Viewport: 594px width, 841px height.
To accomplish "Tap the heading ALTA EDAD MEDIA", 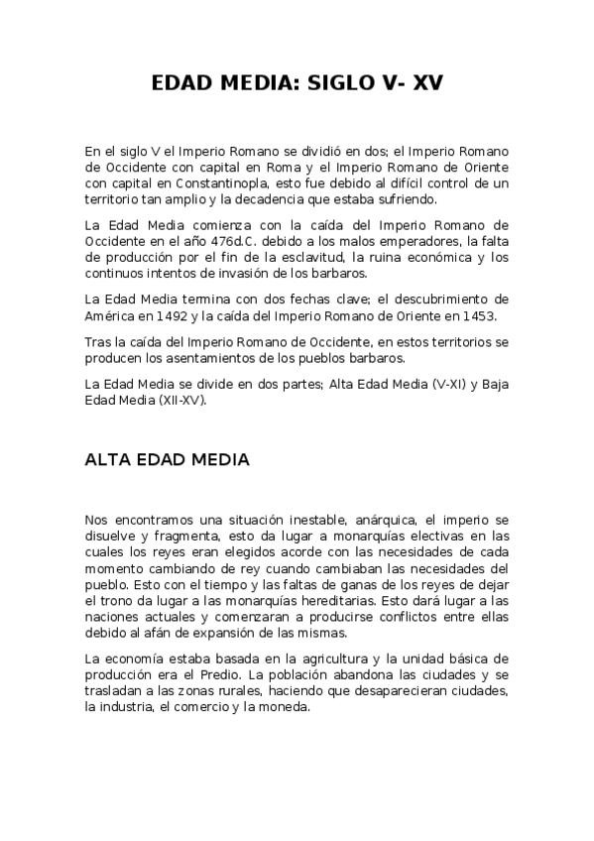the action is (x=168, y=460).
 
